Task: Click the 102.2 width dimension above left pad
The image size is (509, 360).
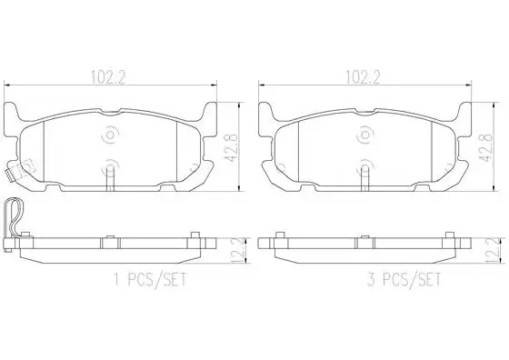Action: pos(108,77)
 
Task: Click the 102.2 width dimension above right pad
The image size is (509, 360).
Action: pos(363,77)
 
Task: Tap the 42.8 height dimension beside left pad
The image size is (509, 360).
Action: pos(231,148)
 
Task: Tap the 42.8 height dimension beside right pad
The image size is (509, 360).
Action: pos(485,148)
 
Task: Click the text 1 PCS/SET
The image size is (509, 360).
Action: pos(150,279)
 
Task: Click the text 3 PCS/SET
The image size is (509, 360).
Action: pos(404,279)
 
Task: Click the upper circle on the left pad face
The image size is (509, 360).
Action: pos(111,134)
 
